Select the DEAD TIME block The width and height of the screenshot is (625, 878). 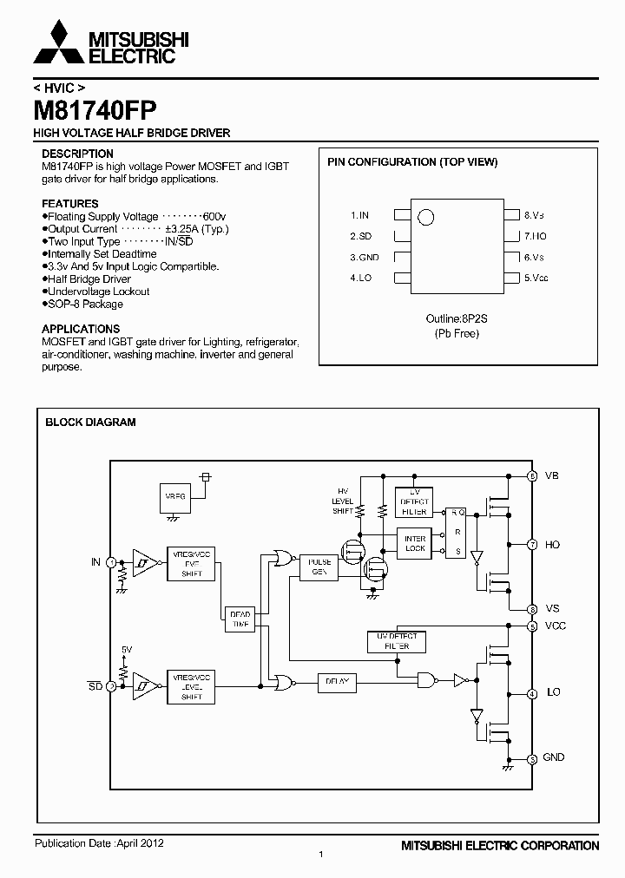coord(239,619)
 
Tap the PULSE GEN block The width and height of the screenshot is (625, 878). coord(319,567)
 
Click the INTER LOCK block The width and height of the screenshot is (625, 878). coord(416,543)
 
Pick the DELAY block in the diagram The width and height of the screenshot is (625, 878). coord(337,681)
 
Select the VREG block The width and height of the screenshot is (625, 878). coord(175,497)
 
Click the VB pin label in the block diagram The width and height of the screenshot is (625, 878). coord(552,475)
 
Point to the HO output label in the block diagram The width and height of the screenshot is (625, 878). coord(552,545)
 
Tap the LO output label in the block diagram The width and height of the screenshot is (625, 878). coord(552,692)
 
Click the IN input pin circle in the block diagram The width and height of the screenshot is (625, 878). coord(111,562)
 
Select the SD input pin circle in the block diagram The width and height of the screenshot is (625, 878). coord(111,685)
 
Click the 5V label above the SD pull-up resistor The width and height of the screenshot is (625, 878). coord(127,649)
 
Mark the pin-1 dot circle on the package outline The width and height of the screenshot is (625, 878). coord(425,218)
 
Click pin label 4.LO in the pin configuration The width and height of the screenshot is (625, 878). coord(361,278)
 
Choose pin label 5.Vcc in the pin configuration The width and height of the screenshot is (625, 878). coord(536,278)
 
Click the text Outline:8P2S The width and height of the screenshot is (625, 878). coord(457,318)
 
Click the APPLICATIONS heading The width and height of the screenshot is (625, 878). coord(81,330)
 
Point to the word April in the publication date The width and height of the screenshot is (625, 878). coord(129,842)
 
